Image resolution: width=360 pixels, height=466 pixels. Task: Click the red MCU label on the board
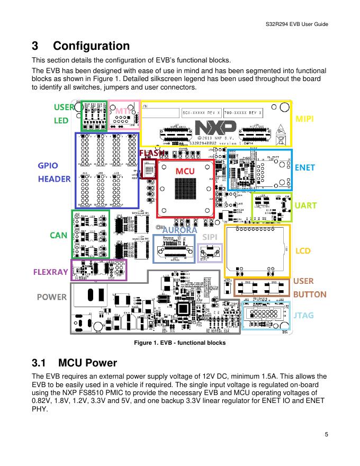185,171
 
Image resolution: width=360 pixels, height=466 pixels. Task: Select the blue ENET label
304,167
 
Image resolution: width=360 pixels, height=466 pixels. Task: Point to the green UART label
305,205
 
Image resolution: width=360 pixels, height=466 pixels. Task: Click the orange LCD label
303,249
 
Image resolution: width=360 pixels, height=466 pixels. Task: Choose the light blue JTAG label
304,315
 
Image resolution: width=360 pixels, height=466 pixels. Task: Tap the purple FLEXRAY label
51,272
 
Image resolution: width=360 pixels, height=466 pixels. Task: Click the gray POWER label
52,297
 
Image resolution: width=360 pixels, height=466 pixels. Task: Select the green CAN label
58,235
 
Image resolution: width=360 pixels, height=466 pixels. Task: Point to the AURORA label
179,230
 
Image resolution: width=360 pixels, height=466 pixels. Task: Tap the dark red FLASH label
151,153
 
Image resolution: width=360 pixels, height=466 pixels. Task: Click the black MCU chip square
185,188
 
